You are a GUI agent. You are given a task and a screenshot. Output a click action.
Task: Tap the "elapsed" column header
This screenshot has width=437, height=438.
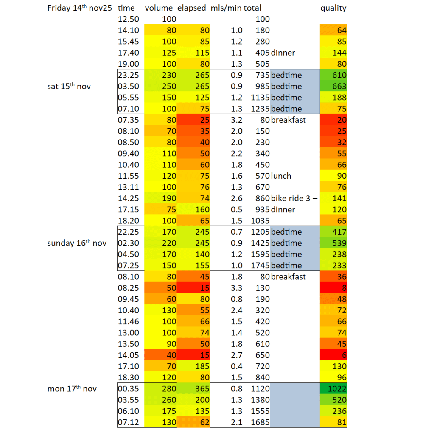click(191, 8)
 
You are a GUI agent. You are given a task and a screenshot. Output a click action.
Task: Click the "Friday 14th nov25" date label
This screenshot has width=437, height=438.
click(80, 8)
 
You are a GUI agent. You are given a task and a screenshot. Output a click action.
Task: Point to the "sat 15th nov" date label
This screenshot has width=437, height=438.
click(69, 86)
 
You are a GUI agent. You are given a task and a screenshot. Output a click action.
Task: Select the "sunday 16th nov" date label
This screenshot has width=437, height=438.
click(77, 243)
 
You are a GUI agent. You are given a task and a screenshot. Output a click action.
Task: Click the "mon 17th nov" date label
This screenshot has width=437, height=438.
click(72, 389)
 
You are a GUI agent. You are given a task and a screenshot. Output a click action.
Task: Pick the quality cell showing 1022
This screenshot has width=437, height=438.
click(333, 389)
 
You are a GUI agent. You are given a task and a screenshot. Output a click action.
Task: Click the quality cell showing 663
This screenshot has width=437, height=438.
click(333, 86)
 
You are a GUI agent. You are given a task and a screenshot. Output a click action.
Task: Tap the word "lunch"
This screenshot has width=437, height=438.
click(281, 176)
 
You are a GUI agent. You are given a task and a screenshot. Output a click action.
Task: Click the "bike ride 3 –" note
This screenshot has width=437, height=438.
click(294, 198)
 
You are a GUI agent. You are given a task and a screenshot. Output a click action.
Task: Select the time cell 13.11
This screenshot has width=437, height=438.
click(128, 187)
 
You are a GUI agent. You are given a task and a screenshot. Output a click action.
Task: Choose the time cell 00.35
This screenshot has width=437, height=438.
click(128, 389)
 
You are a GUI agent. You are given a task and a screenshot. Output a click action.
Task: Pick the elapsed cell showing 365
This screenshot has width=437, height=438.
click(193, 389)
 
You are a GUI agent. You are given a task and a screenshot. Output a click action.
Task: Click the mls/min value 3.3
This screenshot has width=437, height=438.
click(236, 288)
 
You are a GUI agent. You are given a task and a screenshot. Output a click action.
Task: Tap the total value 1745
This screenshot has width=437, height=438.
click(260, 265)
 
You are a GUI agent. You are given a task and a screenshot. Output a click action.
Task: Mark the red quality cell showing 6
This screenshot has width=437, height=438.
click(333, 355)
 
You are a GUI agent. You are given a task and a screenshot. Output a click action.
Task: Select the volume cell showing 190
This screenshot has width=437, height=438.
click(160, 198)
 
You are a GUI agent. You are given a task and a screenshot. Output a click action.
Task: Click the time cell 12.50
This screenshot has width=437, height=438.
click(128, 19)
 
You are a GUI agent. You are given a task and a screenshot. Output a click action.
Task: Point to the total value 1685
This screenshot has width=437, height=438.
click(260, 422)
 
